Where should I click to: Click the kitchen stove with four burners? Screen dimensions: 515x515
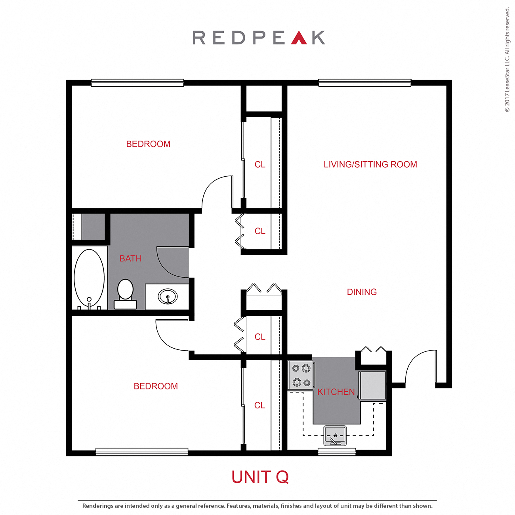click(301, 375)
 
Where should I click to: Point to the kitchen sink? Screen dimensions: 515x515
click(335, 436)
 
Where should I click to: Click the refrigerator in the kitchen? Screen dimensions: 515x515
click(372, 385)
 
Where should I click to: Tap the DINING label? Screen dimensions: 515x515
click(362, 292)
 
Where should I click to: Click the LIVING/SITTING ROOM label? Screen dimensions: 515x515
click(370, 164)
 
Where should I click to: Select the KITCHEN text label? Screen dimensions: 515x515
click(336, 392)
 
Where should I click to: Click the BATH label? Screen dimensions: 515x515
click(130, 259)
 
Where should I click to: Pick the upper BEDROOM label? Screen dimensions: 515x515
click(148, 144)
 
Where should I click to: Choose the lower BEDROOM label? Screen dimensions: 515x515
click(156, 386)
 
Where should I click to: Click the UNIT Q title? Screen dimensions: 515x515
click(260, 477)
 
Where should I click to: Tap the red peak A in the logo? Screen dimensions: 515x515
click(299, 38)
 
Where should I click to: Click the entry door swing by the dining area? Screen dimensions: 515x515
click(420, 366)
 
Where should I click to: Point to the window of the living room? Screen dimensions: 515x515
click(364, 83)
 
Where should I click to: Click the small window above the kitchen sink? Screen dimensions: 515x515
click(337, 451)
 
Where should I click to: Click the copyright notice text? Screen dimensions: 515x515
click(507, 59)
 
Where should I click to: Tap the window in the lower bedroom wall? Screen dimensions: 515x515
click(142, 451)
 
